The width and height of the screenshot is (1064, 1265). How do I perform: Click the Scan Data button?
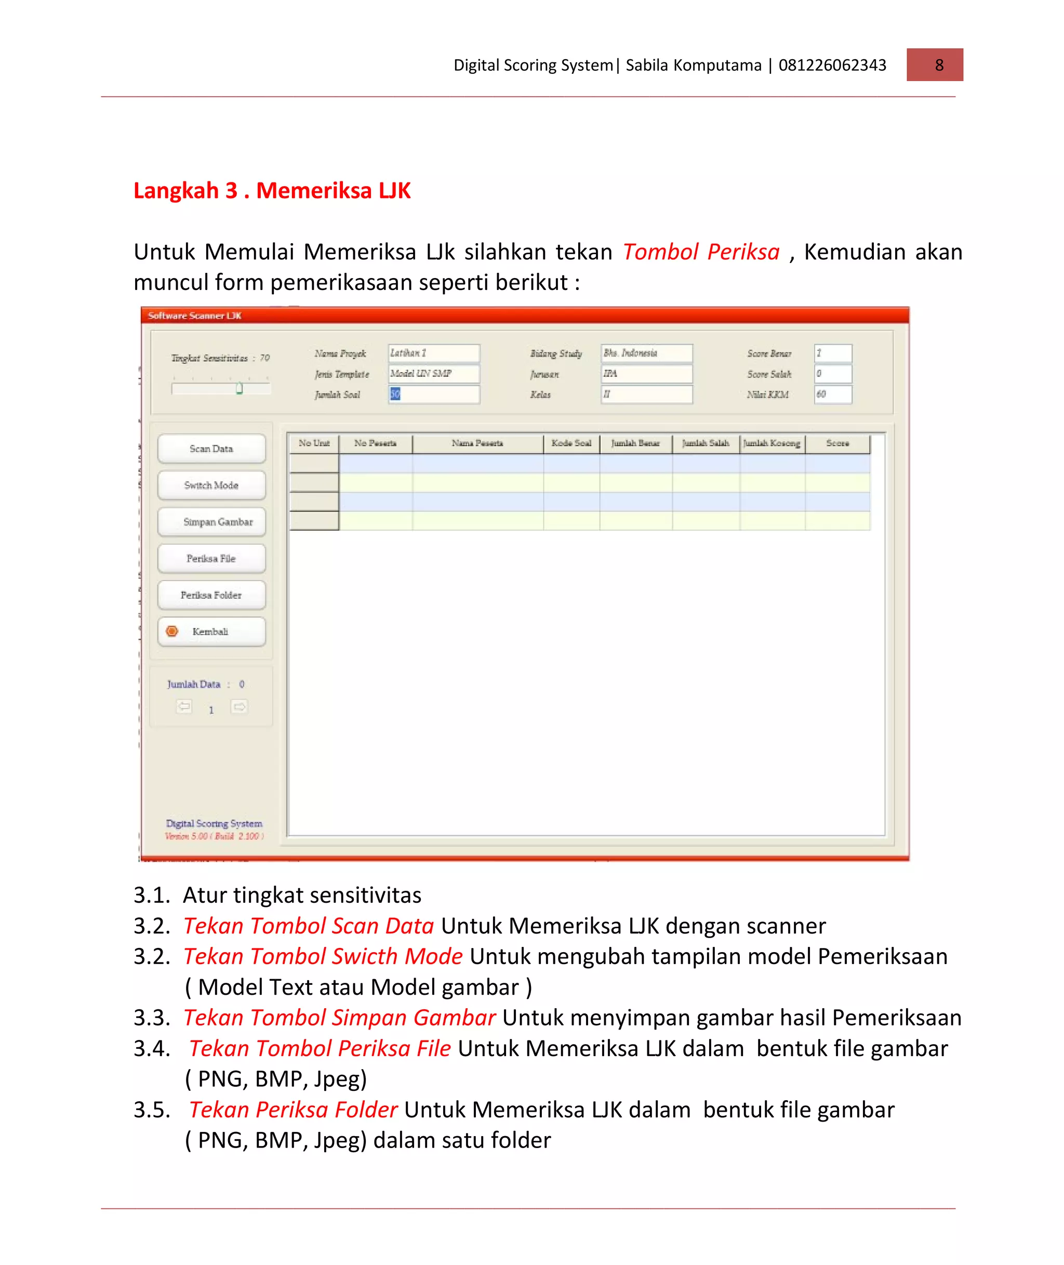click(211, 449)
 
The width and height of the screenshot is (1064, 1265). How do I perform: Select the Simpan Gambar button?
click(211, 522)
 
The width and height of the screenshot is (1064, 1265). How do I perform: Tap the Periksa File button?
click(211, 559)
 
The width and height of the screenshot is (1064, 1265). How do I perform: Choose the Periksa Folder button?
click(211, 596)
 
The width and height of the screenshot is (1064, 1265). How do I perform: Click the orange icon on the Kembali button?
click(172, 631)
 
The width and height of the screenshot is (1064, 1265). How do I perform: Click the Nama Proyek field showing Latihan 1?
click(434, 353)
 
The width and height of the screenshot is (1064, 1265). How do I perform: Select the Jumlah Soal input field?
click(434, 394)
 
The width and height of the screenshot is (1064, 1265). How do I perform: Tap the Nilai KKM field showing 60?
click(832, 394)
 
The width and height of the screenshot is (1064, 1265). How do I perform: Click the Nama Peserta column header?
click(477, 443)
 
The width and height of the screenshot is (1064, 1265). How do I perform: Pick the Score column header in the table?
click(837, 443)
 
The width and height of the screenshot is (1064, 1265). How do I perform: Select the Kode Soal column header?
click(570, 443)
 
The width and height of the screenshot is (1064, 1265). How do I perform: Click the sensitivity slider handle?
click(240, 388)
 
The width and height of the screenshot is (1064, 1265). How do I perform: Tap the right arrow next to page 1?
click(240, 707)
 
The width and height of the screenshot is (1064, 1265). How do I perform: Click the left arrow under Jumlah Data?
click(184, 706)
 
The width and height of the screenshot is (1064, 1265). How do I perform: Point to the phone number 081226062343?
click(832, 65)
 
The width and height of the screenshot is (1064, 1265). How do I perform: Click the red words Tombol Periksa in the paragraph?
click(701, 252)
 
